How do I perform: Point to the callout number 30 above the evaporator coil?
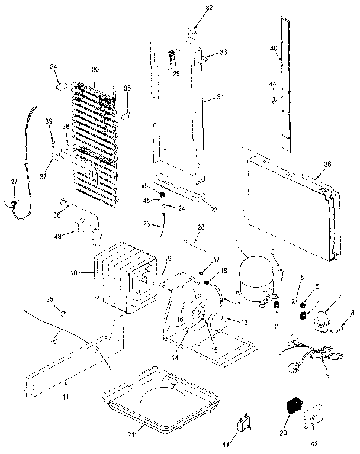click(x=96, y=69)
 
